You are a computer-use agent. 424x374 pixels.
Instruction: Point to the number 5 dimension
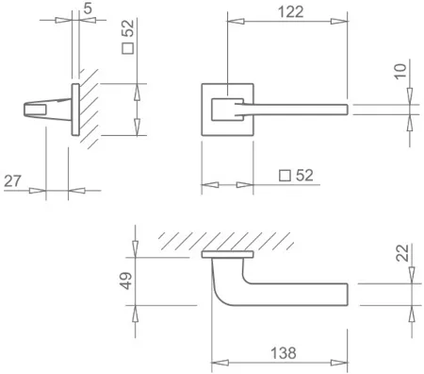click(88, 8)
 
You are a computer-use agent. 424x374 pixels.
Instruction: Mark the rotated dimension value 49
click(126, 280)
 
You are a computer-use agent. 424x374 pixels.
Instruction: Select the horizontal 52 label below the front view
click(303, 175)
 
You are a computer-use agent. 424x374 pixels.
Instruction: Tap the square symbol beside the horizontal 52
click(283, 175)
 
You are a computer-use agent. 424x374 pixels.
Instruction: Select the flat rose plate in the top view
click(228, 254)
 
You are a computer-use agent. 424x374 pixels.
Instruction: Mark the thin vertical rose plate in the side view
click(73, 111)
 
